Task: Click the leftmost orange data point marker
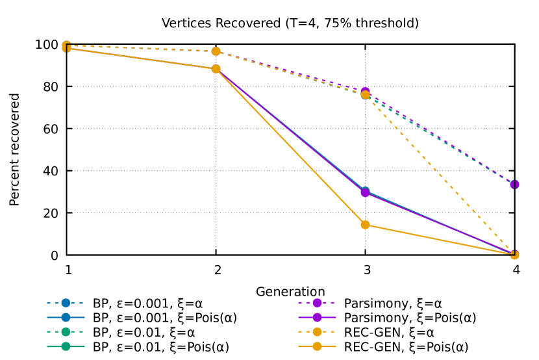click(x=66, y=47)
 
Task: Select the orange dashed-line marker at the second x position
click(x=216, y=51)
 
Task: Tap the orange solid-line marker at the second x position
click(x=216, y=69)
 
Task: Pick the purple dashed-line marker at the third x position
click(x=365, y=91)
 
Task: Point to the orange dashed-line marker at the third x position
click(x=365, y=95)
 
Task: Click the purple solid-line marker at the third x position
click(x=365, y=192)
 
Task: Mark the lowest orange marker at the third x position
click(x=365, y=225)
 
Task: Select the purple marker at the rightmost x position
click(x=514, y=185)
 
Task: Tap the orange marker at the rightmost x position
click(x=514, y=255)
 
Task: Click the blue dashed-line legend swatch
click(x=66, y=303)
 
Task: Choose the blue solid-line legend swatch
click(x=66, y=317)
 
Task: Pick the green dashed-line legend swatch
click(x=66, y=331)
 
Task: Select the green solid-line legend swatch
click(x=66, y=346)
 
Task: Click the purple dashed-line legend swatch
click(x=317, y=303)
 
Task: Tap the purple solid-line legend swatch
click(x=317, y=317)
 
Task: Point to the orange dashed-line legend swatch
click(x=317, y=331)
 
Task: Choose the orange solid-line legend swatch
click(x=317, y=346)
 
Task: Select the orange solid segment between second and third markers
click(x=290, y=147)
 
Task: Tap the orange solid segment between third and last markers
click(x=440, y=240)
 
